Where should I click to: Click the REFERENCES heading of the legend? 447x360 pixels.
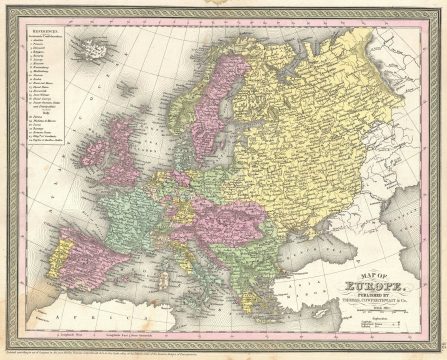pos(45,45)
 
